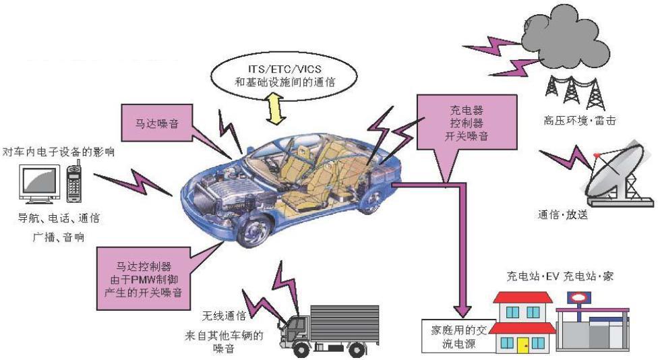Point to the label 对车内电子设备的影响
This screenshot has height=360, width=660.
pos(58,151)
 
